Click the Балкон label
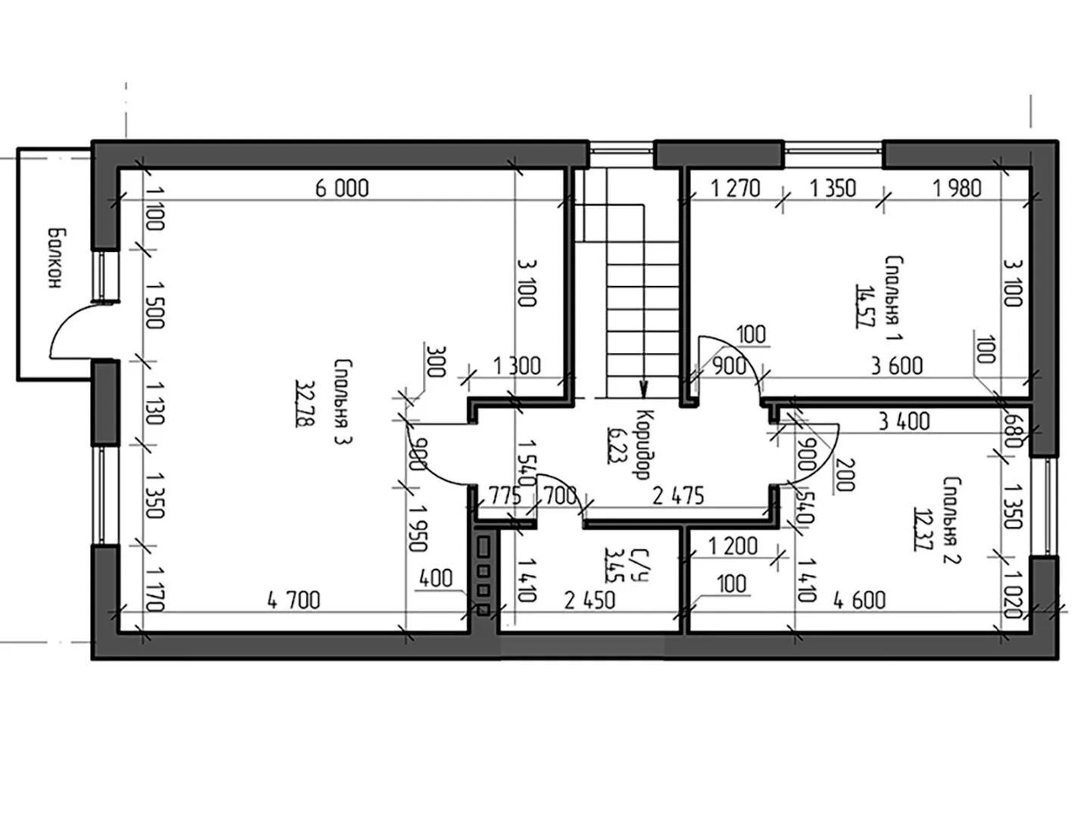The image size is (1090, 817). [55, 258]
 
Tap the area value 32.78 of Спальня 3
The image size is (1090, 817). [303, 403]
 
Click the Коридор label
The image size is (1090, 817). [643, 445]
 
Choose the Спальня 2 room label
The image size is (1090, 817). [952, 521]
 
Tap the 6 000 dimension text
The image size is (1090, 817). [342, 188]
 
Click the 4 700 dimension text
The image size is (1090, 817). [294, 601]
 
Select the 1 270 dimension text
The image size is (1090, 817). [736, 188]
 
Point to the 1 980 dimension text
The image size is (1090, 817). [957, 188]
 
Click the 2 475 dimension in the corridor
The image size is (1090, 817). [678, 496]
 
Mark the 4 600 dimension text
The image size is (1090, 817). [860, 601]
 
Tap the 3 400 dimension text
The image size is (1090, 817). [904, 422]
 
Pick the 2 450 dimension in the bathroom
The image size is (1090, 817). [590, 601]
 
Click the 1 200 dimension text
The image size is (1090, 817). [733, 546]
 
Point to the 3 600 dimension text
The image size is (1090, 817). [897, 366]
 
